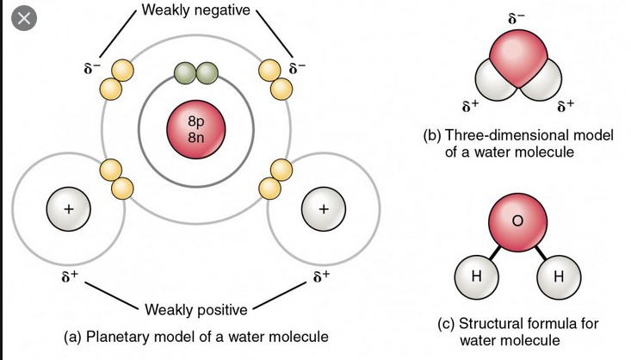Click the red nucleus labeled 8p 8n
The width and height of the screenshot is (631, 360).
pyautogui.click(x=195, y=130)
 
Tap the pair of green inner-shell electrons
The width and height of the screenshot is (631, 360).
pyautogui.click(x=195, y=75)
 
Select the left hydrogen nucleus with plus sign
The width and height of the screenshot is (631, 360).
pyautogui.click(x=70, y=209)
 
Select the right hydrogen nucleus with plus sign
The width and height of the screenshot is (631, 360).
pyautogui.click(x=323, y=209)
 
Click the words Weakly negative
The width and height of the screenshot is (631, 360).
pyautogui.click(x=195, y=10)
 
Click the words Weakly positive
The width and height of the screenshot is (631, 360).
pyautogui.click(x=195, y=309)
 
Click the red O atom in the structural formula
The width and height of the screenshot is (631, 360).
pyautogui.click(x=517, y=221)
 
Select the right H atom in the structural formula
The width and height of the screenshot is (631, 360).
pyautogui.click(x=557, y=276)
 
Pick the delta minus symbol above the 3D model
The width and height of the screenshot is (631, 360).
pyautogui.click(x=517, y=17)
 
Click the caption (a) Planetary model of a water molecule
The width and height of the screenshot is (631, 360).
pyautogui.click(x=196, y=336)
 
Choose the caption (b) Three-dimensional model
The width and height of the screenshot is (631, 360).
pyautogui.click(x=517, y=144)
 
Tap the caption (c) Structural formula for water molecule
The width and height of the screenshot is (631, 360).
pyautogui.click(x=517, y=332)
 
